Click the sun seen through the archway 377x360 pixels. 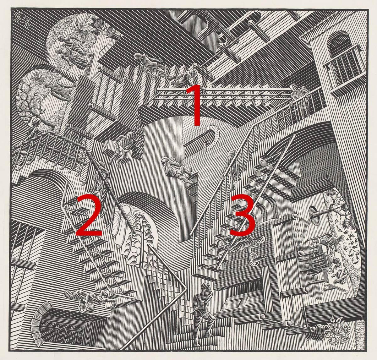[127, 210]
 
